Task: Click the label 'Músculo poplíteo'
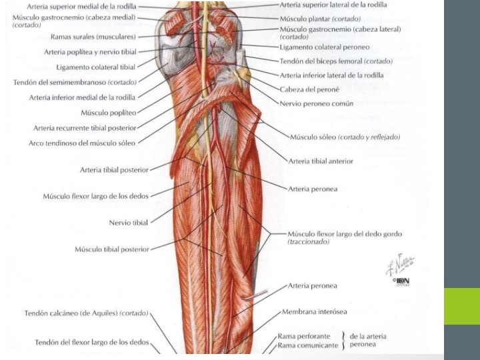point(108,113)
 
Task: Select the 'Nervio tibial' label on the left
point(129,222)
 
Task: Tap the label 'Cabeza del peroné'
point(309,89)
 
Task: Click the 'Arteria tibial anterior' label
point(321,161)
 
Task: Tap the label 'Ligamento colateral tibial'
point(96,67)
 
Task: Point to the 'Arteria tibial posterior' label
point(114,169)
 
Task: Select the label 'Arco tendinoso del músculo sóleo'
point(82,143)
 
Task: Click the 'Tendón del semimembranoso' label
point(75,82)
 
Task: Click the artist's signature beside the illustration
point(399,265)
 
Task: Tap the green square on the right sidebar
point(462,306)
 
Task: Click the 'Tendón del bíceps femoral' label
point(336,61)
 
